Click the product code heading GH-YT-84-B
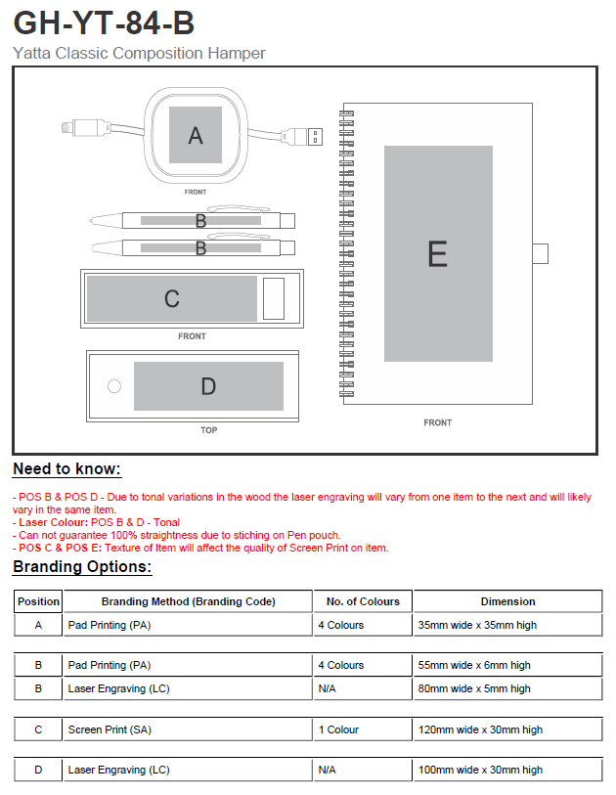point(104,22)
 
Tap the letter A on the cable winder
point(196,135)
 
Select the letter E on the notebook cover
point(437,254)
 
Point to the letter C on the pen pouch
point(172,298)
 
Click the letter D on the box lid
point(208,386)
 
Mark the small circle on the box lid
point(114,386)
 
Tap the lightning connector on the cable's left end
point(85,127)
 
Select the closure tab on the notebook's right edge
point(541,253)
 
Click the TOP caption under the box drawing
point(209,430)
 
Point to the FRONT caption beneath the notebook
point(437,422)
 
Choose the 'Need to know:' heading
point(66,469)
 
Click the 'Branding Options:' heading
point(82,566)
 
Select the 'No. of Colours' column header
point(363,601)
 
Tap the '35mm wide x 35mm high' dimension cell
point(477,625)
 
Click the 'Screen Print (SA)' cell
point(110,729)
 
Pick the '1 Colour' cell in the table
point(338,729)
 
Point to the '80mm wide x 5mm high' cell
point(474,688)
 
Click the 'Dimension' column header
point(508,601)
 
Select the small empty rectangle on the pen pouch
point(274,298)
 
